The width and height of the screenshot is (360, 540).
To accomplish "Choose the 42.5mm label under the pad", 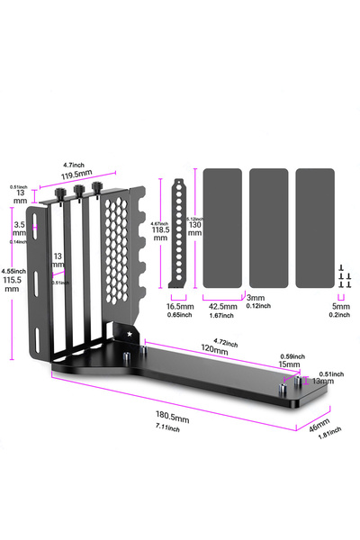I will coord(221,306).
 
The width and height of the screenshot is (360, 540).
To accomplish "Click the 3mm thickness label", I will coord(256,298).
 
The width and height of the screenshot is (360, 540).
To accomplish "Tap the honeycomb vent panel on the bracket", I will coord(117,247).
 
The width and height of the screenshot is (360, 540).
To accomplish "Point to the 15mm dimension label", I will coord(288,364).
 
